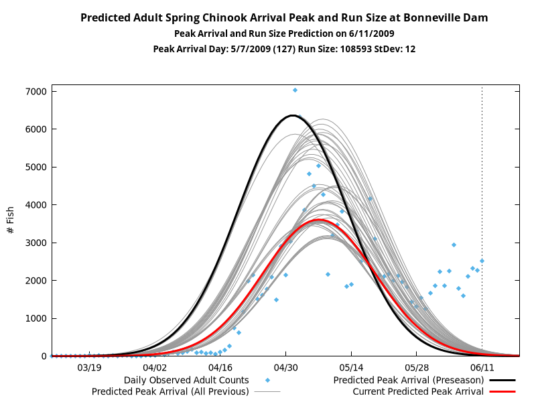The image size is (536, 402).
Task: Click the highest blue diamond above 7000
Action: point(295,90)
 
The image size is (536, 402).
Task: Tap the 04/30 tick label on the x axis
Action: point(286,367)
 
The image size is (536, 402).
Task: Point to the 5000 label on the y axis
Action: point(36,167)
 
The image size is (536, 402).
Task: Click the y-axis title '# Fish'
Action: point(10,220)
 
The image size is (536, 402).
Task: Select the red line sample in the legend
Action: point(502,391)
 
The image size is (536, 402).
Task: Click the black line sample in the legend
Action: point(502,380)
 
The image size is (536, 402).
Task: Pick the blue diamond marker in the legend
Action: point(267,380)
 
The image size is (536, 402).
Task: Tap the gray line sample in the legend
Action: point(267,391)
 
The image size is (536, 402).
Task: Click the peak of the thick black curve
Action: point(293,115)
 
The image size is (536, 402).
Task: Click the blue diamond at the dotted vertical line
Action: point(482,261)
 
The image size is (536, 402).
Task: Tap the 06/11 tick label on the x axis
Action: point(482,367)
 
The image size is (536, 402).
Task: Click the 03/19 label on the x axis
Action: point(89,367)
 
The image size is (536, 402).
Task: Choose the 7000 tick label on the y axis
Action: point(36,92)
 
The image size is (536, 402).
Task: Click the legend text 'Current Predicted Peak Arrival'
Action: point(418,391)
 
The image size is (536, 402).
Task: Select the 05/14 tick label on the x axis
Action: point(351,367)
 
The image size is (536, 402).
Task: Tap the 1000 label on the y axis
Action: point(36,318)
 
